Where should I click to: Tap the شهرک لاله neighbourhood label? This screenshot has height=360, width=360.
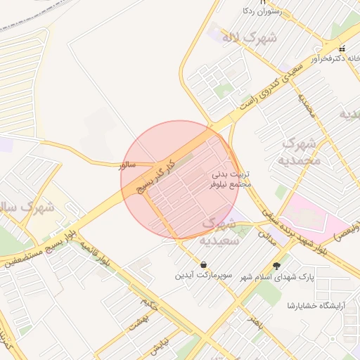(252, 37)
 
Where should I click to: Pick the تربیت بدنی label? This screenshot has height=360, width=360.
(232, 173)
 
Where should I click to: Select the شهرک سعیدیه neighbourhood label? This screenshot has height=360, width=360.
(223, 231)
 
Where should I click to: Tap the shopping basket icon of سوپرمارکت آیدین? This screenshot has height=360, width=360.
(204, 265)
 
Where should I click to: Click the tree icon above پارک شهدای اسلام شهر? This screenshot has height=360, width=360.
(276, 266)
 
